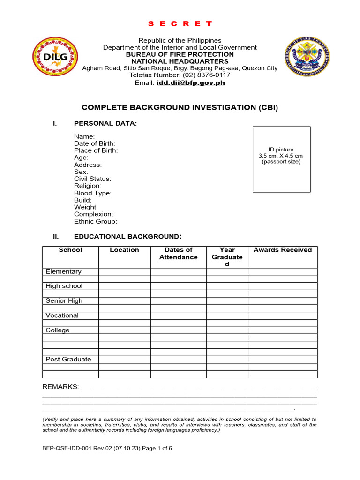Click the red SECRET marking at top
[x=180, y=23]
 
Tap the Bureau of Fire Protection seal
[x=307, y=57]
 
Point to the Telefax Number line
[x=180, y=75]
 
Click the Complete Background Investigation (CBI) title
[x=180, y=107]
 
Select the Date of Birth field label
[x=95, y=143]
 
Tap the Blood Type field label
[x=93, y=193]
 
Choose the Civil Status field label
[x=92, y=179]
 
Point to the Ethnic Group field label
[x=96, y=221]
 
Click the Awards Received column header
[x=282, y=250]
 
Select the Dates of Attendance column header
[x=178, y=254]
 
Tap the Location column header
[x=124, y=250]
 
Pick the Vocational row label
[x=62, y=315]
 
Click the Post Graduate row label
[x=68, y=360]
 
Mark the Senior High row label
[x=64, y=300]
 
